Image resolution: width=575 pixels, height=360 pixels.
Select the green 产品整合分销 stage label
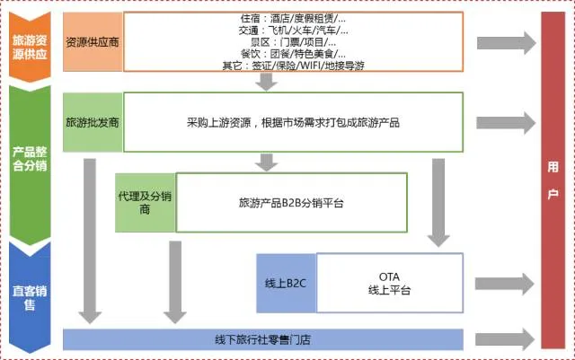[x=31, y=157]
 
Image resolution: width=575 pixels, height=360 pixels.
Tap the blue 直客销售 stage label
[x=31, y=297]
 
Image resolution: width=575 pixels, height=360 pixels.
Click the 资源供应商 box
[x=93, y=41]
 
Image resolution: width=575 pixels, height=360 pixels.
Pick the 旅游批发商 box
[x=93, y=121]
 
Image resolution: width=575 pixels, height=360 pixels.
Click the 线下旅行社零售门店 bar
[x=263, y=340]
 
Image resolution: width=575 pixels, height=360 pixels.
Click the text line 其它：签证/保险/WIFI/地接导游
[x=293, y=65]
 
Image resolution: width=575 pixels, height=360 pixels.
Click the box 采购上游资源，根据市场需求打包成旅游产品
[x=293, y=121]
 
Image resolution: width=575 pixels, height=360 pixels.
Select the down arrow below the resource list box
[x=266, y=82]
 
